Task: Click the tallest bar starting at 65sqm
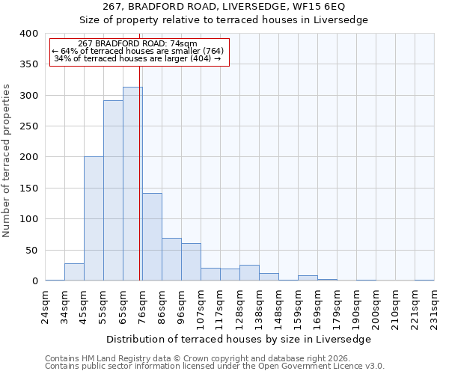(132, 184)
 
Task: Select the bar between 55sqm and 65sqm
(113, 191)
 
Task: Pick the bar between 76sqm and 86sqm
(152, 237)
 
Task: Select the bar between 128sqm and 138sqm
(249, 273)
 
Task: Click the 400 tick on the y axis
(28, 34)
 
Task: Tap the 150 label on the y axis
(28, 188)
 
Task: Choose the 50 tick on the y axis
(31, 250)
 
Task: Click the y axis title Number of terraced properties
(7, 161)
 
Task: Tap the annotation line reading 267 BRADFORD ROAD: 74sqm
(138, 44)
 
